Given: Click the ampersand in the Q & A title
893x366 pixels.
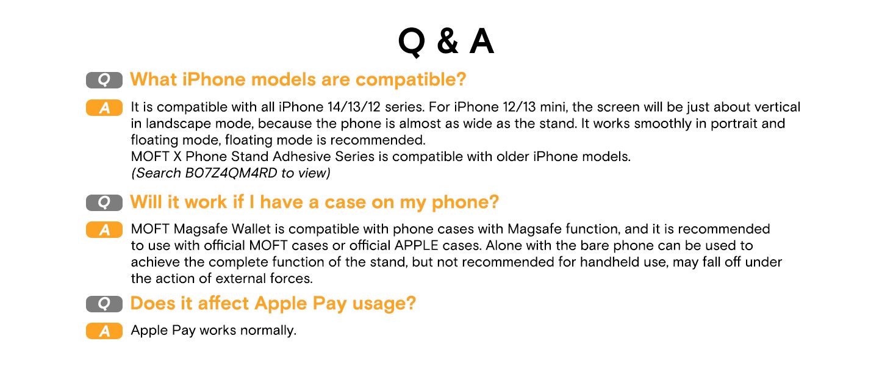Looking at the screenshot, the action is tap(448, 41).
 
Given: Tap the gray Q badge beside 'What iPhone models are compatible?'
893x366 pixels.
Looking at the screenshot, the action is tap(104, 80).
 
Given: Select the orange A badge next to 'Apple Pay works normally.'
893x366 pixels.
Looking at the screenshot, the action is tap(104, 331).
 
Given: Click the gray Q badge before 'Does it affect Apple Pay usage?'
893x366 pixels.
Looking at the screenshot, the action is tap(104, 304).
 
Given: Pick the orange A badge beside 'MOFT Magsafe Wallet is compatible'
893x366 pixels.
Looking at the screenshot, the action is tap(104, 229).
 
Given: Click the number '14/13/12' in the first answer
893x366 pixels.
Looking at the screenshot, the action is tap(354, 107).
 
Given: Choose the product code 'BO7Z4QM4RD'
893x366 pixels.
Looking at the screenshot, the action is tap(231, 173).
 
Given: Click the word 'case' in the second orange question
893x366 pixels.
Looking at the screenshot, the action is tap(345, 203).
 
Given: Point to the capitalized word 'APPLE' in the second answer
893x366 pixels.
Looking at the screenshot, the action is tap(416, 245).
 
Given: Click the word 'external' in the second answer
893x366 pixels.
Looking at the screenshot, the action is tap(241, 278).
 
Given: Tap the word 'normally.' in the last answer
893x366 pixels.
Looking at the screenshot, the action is tap(268, 330).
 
